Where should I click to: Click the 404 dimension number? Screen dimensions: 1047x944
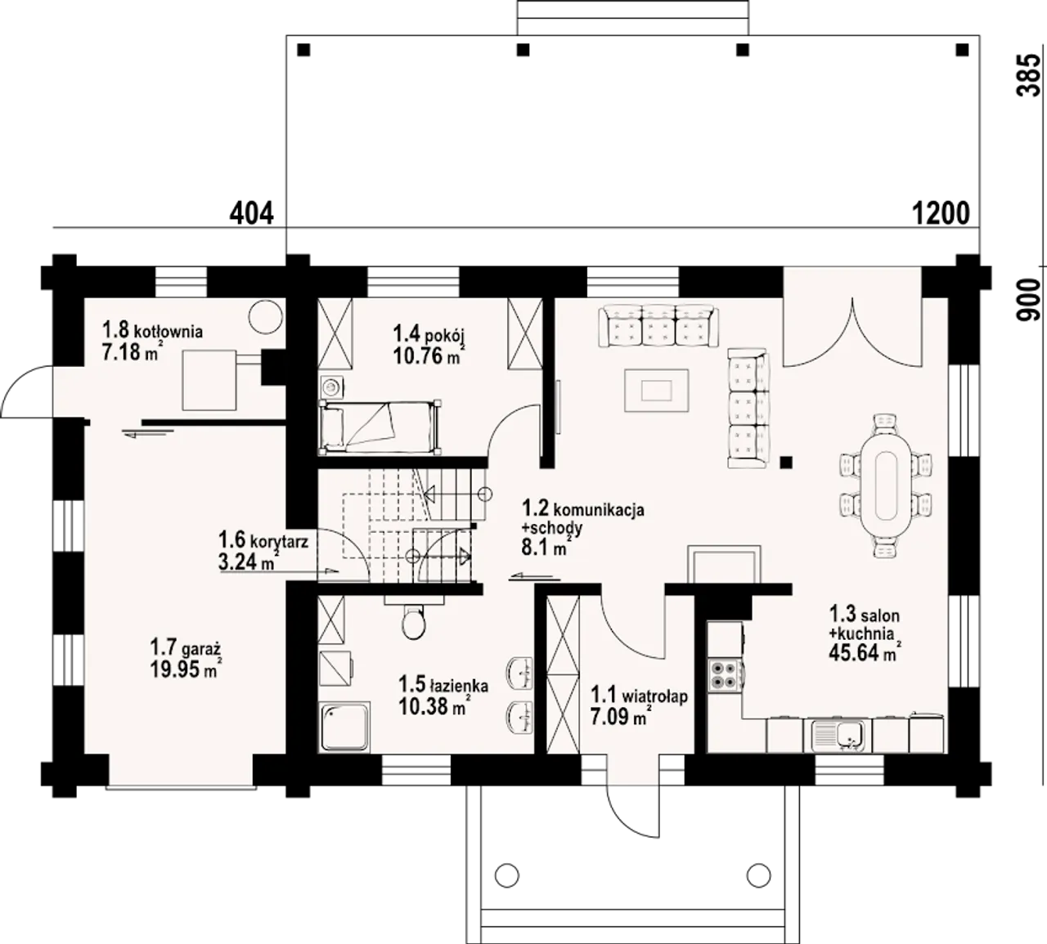[x=252, y=213]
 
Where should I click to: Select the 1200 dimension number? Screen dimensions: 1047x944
[x=941, y=213]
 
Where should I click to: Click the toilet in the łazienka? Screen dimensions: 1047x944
[x=414, y=620]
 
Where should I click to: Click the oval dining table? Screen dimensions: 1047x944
[x=886, y=485]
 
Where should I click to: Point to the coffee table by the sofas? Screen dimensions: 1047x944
[x=656, y=391]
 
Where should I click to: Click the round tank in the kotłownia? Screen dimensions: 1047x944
[x=265, y=316]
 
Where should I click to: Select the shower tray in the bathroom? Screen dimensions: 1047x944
[x=344, y=727]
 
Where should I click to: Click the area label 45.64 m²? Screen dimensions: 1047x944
[x=865, y=653]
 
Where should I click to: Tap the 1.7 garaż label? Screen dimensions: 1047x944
[x=186, y=648]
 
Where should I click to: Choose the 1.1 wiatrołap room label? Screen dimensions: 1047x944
[x=639, y=696]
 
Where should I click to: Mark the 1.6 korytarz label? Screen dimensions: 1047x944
[x=263, y=540]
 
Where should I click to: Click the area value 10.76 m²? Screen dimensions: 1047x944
[x=429, y=356]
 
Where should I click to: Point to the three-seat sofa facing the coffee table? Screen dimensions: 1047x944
[x=658, y=326]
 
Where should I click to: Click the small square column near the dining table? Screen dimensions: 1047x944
[x=787, y=462]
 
